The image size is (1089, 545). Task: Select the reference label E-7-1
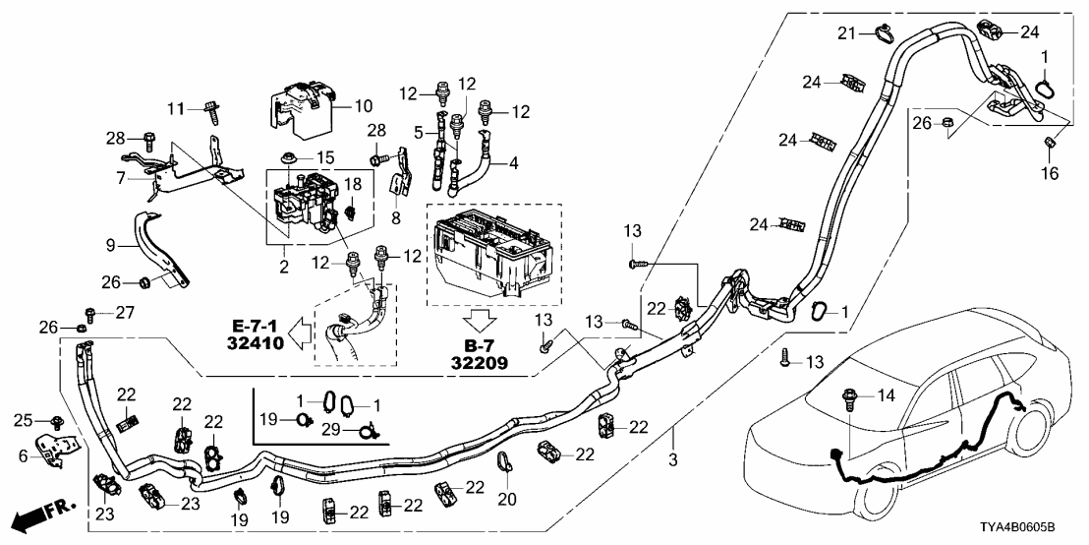255,325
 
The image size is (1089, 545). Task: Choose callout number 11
176,107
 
